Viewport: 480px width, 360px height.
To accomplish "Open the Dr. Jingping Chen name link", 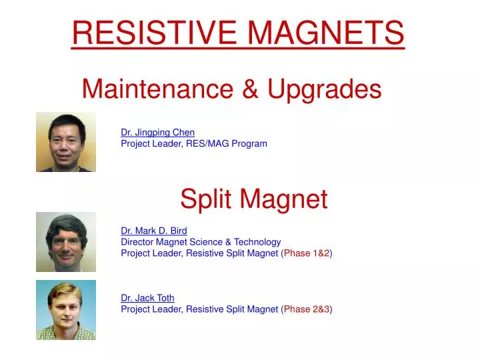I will click(x=157, y=132).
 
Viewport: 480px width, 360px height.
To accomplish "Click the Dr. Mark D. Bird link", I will click(x=153, y=231).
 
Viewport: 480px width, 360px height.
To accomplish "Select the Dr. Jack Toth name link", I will click(x=147, y=298).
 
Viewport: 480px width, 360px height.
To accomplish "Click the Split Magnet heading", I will click(x=254, y=198).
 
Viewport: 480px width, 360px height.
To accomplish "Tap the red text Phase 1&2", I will click(x=307, y=253).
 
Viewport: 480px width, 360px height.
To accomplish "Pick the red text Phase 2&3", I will click(x=307, y=309).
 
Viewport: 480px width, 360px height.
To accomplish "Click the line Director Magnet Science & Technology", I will click(x=201, y=242).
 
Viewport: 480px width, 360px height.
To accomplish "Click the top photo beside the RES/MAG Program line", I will click(x=66, y=142).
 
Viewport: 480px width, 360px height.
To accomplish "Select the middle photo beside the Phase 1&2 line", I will click(x=66, y=242).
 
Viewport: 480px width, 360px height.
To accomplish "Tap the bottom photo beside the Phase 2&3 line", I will click(x=66, y=310).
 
